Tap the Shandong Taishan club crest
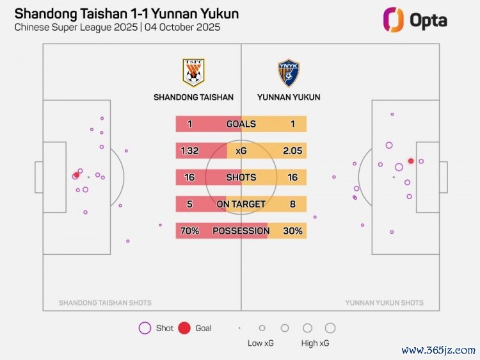click(193, 73)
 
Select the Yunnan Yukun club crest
click(288, 73)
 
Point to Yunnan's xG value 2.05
click(292, 151)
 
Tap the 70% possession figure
click(189, 231)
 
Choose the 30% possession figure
click(292, 231)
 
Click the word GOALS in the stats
click(241, 124)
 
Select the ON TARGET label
click(241, 204)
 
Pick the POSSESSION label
click(241, 231)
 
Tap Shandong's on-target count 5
click(189, 204)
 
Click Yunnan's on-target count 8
click(292, 204)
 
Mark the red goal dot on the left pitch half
click(77, 175)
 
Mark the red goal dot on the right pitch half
click(411, 161)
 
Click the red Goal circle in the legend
click(184, 328)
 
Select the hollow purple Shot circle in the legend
click(145, 328)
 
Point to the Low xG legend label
click(260, 343)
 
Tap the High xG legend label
click(316, 343)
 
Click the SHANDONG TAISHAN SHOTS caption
click(105, 303)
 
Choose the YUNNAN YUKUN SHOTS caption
click(384, 303)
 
